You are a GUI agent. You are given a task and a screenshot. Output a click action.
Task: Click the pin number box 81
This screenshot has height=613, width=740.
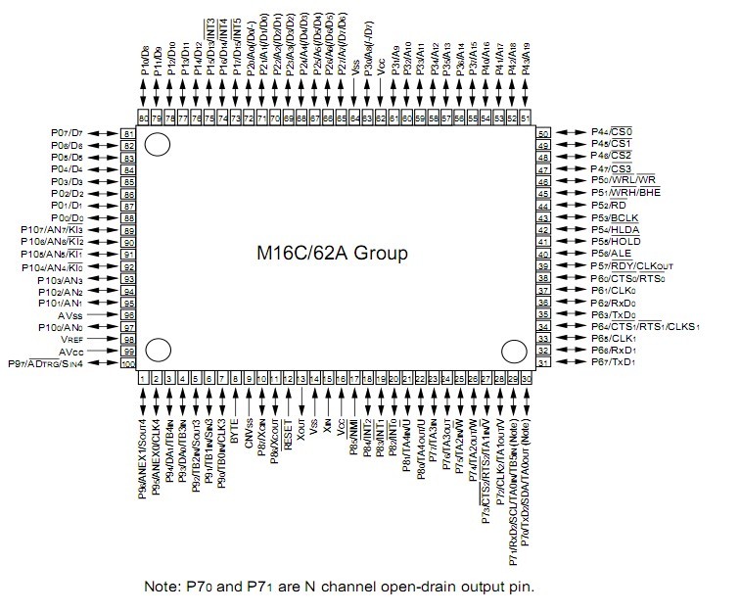(127, 133)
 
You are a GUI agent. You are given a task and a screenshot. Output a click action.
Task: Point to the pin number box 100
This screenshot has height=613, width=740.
(127, 364)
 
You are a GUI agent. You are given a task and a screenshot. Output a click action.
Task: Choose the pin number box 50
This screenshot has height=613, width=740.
(542, 133)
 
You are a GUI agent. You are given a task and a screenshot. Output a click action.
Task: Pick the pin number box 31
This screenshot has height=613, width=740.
(542, 363)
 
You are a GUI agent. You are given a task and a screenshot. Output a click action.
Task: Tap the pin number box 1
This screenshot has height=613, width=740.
(143, 378)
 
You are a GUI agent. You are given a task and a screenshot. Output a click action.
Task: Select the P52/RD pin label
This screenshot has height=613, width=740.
(608, 206)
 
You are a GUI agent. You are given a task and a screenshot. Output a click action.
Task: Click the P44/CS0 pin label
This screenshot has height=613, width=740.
(612, 132)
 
